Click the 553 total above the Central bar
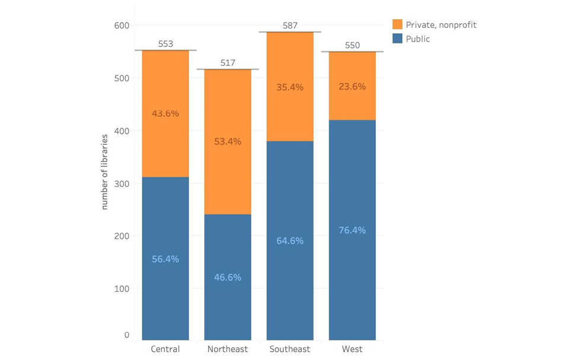[165, 44]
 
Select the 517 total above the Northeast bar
[228, 63]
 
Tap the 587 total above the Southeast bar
[290, 26]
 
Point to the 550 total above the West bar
[352, 45]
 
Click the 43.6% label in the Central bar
[165, 113]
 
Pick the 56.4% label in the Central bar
[165, 259]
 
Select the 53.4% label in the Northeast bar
[228, 142]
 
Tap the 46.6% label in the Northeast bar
[228, 277]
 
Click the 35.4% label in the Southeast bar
[290, 87]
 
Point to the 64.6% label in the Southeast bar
[290, 240]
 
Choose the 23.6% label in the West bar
[352, 86]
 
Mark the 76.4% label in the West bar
[352, 230]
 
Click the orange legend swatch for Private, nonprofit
[397, 25]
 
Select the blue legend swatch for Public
[397, 39]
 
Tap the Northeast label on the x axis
[228, 349]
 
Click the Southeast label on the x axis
[290, 349]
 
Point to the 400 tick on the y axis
[122, 130]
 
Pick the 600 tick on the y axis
[122, 26]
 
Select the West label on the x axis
[352, 349]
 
